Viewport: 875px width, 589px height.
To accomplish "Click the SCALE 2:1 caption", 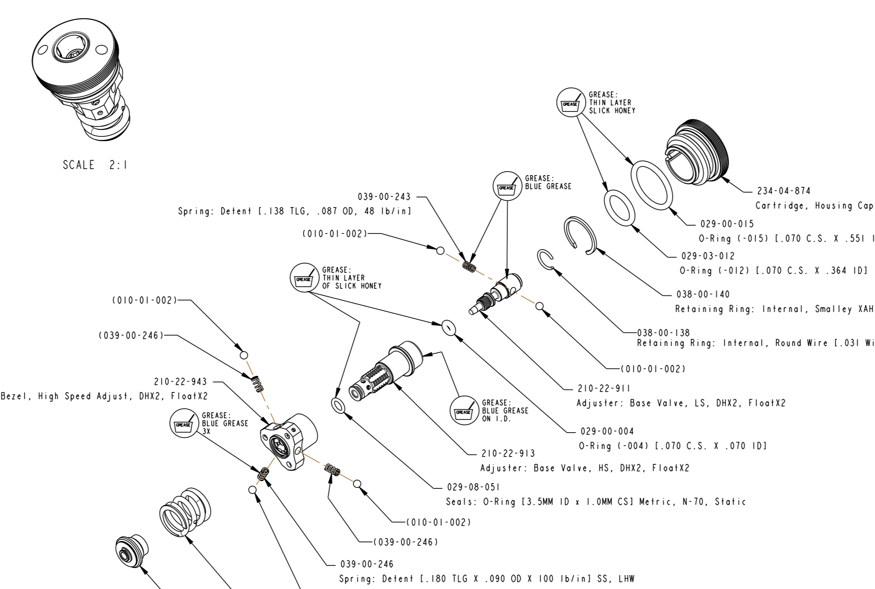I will coord(95,165).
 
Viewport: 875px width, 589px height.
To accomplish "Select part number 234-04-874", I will coord(784,191).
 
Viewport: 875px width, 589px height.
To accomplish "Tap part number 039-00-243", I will coord(384,197).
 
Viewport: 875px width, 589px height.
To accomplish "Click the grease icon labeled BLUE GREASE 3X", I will coord(184,423).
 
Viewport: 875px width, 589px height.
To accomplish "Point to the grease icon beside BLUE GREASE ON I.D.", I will coord(464,410).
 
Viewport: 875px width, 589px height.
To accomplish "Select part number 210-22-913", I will coord(508,454).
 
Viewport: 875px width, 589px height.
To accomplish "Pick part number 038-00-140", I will coord(703,294).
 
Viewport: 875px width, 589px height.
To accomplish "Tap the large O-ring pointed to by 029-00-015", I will coord(652,183).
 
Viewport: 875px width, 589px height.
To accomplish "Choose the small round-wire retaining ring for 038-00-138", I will coord(545,260).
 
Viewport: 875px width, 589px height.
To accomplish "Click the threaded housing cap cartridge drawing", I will coord(697,150).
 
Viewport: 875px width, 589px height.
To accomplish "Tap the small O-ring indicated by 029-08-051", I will coord(338,405).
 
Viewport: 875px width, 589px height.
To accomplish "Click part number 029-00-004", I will coord(607,431).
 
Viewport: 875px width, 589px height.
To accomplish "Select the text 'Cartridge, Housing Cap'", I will coord(814,206).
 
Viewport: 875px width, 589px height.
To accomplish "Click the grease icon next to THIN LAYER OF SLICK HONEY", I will coord(304,278).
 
